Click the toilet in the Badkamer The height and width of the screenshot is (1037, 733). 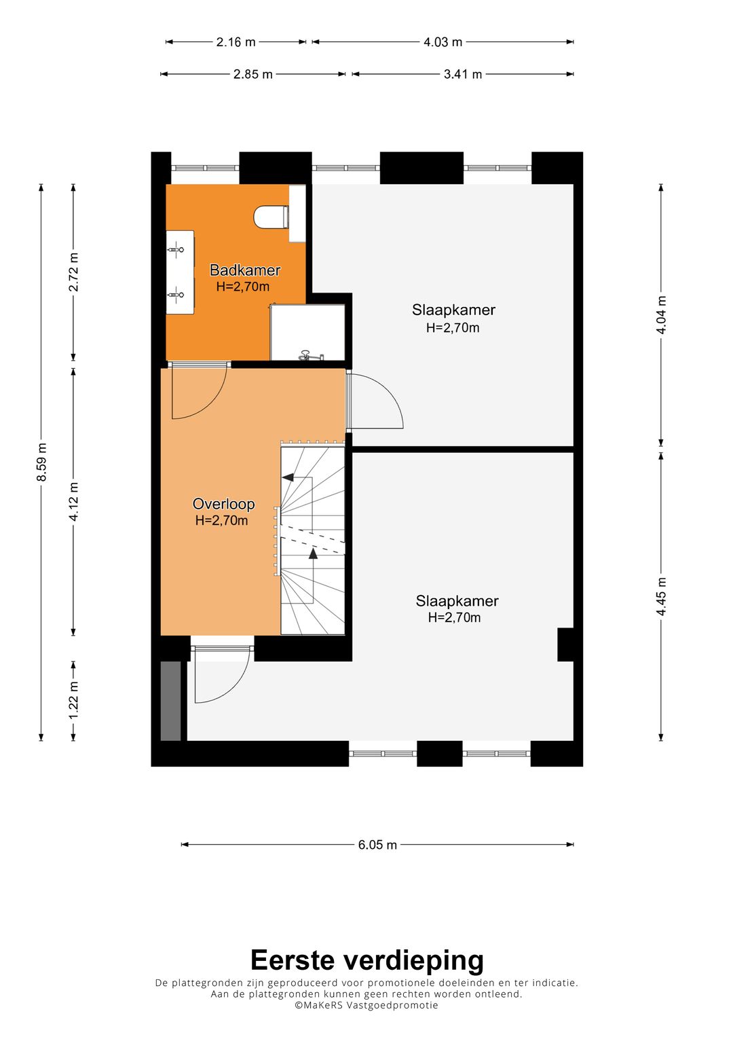click(271, 217)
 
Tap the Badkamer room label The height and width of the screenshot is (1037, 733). click(245, 270)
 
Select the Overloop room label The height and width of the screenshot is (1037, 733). click(223, 504)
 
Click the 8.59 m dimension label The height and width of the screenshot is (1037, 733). click(41, 462)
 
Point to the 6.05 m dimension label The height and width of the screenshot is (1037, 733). click(377, 845)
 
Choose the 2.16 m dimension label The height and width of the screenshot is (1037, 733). click(236, 42)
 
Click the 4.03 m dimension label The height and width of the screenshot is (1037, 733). click(443, 42)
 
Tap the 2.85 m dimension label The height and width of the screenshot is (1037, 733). click(252, 74)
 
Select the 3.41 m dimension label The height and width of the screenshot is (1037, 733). click(463, 74)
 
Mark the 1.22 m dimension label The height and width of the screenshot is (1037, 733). click(73, 701)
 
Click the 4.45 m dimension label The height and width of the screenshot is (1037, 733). click(661, 596)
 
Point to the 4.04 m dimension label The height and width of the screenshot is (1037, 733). click(661, 315)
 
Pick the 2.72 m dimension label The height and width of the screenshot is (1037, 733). click(73, 272)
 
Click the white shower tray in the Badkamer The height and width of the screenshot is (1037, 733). click(307, 332)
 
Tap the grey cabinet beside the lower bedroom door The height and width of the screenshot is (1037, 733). click(170, 701)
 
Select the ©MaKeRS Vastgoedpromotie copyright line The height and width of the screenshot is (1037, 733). click(366, 1005)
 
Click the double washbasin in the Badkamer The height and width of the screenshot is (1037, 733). click(180, 272)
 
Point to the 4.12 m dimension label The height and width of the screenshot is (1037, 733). click(73, 501)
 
